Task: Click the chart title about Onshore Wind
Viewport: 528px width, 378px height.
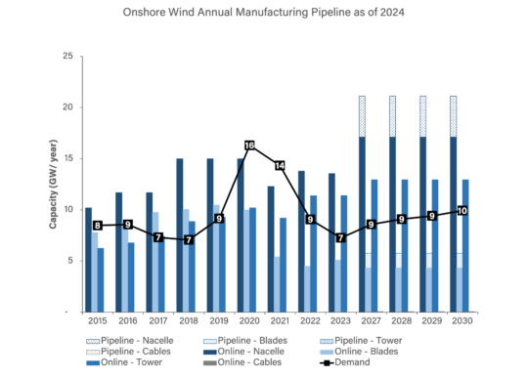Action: point(264,15)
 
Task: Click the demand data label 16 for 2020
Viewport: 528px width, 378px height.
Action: point(249,147)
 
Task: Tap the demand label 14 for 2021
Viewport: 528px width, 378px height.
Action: point(280,166)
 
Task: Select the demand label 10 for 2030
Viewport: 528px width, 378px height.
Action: point(462,210)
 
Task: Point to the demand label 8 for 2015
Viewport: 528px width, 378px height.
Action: point(97,226)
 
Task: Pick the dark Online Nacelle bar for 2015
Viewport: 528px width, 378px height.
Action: point(88,259)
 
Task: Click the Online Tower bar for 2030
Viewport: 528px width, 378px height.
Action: point(466,244)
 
